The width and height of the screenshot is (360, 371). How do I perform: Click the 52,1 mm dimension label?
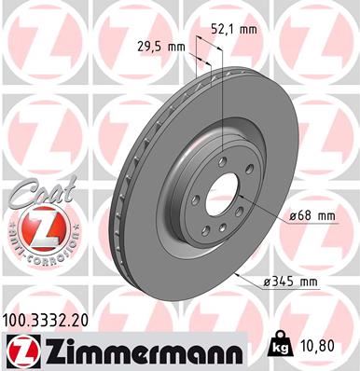pos(236,30)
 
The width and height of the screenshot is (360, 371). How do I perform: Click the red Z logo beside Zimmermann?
pos(18,350)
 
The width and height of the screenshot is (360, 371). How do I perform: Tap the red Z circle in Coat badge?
pos(29,228)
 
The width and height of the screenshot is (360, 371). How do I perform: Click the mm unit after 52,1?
pos(248,30)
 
